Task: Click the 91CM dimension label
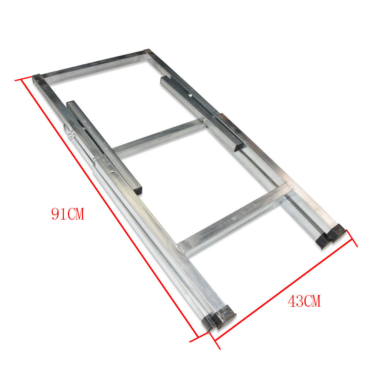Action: click(68, 214)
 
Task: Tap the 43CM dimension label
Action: click(304, 301)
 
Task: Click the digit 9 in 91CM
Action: click(56, 214)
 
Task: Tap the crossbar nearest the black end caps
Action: click(234, 220)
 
